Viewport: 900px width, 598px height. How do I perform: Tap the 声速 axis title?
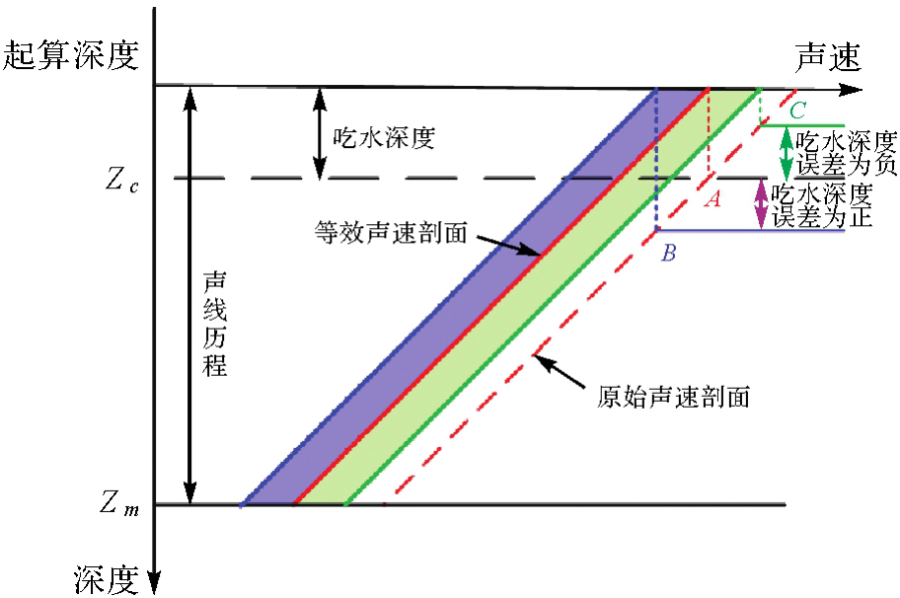coord(827,57)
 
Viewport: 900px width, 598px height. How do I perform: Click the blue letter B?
coord(668,254)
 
